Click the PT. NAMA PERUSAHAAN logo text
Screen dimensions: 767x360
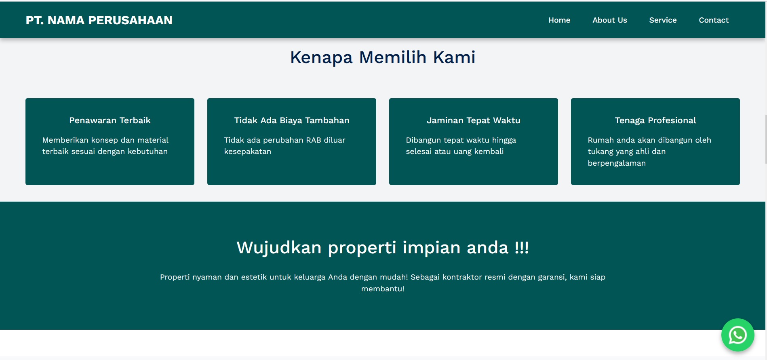[x=99, y=20]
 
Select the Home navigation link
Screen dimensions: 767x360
[x=559, y=20]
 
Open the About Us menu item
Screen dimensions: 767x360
[x=610, y=20]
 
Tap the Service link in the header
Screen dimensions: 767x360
[x=663, y=20]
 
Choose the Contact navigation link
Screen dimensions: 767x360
[x=714, y=20]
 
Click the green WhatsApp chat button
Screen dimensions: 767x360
[x=737, y=335]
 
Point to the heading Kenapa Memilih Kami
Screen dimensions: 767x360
[x=383, y=57]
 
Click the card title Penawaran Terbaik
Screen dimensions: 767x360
[x=110, y=120]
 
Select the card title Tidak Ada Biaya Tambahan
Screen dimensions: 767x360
[x=292, y=120]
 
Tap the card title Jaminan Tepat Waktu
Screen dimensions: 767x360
[x=474, y=120]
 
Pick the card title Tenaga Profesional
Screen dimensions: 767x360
[x=655, y=120]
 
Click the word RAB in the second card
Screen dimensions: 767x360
[x=314, y=140]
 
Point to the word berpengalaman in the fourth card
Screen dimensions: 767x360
[x=617, y=163]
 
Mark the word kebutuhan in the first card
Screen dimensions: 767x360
[x=147, y=152]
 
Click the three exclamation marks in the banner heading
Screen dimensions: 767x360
[x=522, y=247]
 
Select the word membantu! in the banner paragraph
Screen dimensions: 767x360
[x=383, y=289]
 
